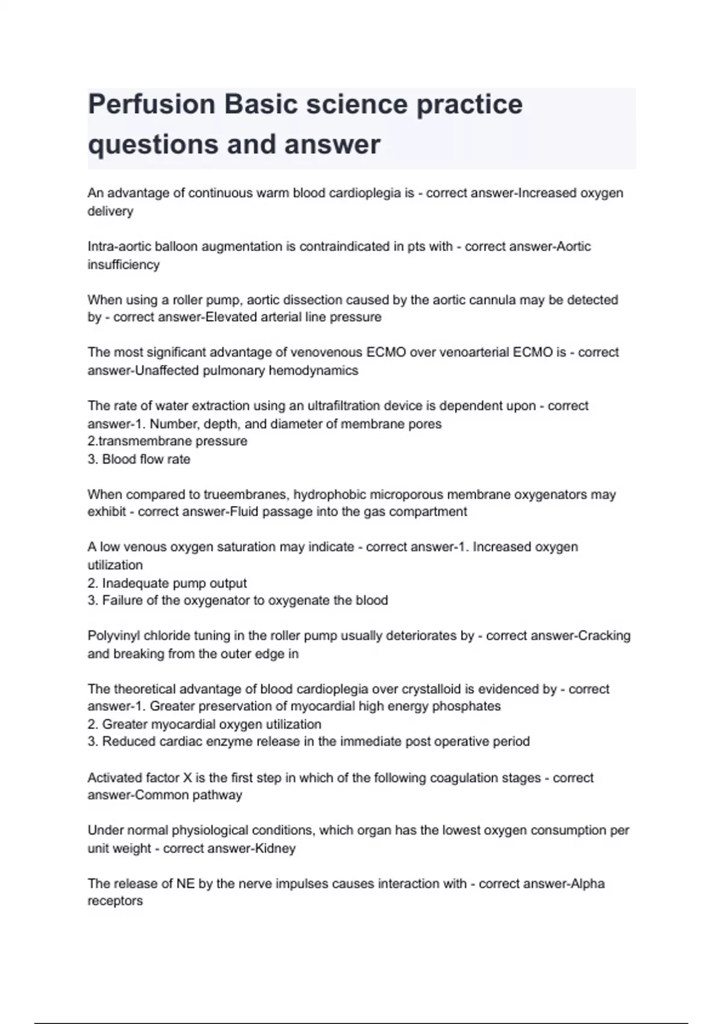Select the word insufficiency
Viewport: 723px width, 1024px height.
(124, 264)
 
